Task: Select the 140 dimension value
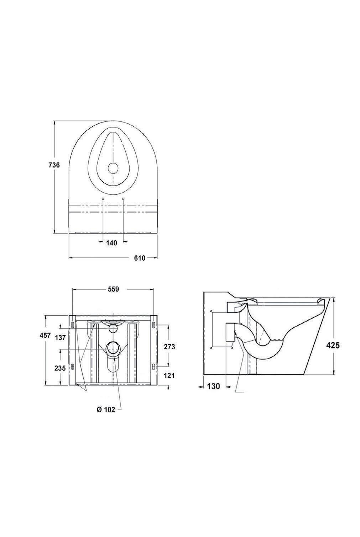click(111, 243)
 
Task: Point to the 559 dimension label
click(113, 290)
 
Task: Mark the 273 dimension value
click(169, 346)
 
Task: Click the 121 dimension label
click(169, 375)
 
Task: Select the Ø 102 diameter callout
click(106, 410)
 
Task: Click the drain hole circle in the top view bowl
click(113, 168)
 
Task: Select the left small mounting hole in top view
click(103, 198)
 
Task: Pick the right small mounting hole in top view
click(123, 198)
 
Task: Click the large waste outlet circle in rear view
click(114, 348)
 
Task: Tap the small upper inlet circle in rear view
click(113, 328)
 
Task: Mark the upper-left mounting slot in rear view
click(73, 325)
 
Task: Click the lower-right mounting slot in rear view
click(154, 366)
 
